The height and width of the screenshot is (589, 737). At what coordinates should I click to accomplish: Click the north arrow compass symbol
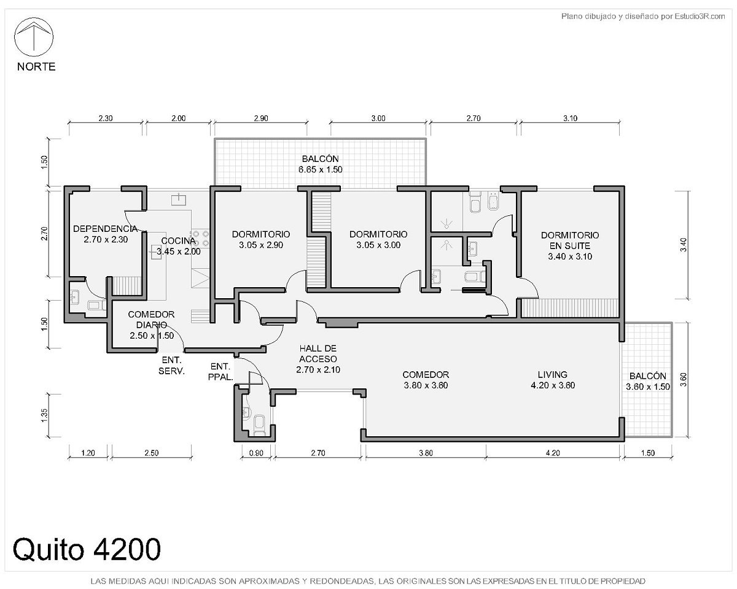click(34, 37)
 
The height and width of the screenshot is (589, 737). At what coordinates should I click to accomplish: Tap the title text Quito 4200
click(87, 549)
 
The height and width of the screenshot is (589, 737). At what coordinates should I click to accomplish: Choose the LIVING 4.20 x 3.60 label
click(553, 380)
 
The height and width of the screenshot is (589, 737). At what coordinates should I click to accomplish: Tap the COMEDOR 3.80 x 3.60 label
click(426, 380)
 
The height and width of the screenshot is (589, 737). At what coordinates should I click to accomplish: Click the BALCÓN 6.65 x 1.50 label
click(320, 164)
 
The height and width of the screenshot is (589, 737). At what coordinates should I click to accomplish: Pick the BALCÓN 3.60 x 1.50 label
click(648, 381)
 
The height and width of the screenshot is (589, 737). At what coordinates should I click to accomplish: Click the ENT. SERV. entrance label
click(171, 365)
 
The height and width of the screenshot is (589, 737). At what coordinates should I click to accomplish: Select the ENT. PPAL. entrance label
click(220, 372)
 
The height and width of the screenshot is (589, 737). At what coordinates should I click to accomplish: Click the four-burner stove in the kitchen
click(200, 239)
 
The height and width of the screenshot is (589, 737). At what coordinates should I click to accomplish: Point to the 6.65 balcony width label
click(307, 170)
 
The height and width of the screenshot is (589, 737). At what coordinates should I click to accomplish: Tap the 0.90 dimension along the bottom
click(256, 453)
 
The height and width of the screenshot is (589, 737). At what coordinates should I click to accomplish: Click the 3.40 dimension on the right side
click(683, 245)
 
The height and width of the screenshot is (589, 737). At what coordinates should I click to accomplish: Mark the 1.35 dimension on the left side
click(44, 415)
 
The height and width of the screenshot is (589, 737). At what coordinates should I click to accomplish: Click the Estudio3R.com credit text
click(700, 16)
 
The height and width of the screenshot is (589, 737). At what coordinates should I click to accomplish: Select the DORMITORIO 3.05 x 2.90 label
click(261, 239)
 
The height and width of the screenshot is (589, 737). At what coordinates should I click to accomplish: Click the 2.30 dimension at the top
click(106, 118)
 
